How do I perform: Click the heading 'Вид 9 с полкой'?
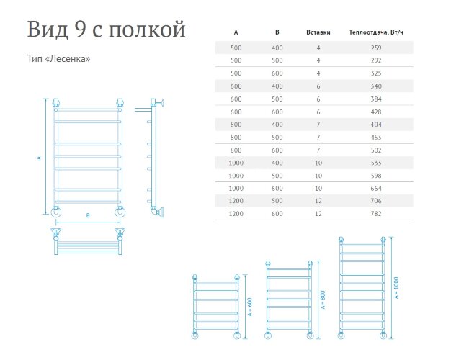106,30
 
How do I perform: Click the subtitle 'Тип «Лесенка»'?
58,59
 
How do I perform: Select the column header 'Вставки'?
318,33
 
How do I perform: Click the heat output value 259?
375,48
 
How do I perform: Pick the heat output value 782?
375,214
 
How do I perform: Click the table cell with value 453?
375,138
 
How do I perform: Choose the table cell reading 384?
375,99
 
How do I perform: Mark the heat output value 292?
375,60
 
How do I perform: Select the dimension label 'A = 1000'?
397,289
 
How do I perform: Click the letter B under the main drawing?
87,215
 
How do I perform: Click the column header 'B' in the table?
277,33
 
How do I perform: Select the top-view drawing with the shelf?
87,240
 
